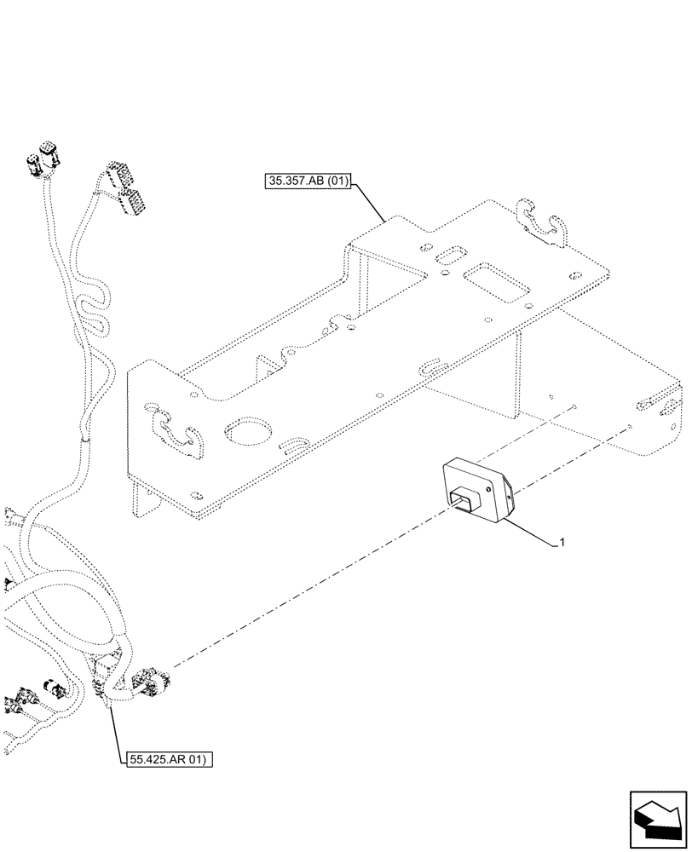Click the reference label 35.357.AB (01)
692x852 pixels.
(309, 181)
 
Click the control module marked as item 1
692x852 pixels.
(476, 490)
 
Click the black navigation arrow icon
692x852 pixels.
(657, 819)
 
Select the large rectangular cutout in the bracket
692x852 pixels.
(493, 282)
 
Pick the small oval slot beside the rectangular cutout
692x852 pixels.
(447, 258)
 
